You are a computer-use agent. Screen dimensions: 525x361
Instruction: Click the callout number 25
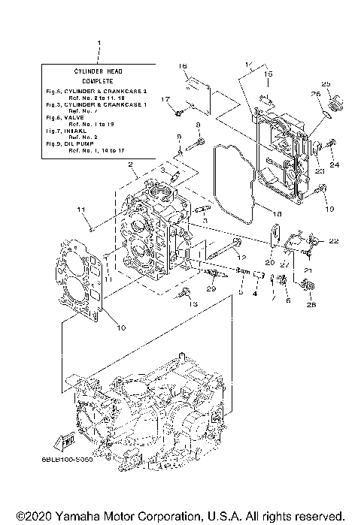[x=326, y=83]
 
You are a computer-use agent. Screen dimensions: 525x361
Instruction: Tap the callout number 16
[x=182, y=67]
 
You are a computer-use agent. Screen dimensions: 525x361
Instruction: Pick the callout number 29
[x=191, y=289]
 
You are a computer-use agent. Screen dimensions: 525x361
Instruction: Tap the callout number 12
[x=241, y=258]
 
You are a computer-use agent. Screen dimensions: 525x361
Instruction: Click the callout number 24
[x=334, y=164]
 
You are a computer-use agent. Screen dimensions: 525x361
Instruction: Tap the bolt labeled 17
[x=177, y=113]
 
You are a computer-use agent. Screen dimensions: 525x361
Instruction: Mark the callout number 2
[x=130, y=164]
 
